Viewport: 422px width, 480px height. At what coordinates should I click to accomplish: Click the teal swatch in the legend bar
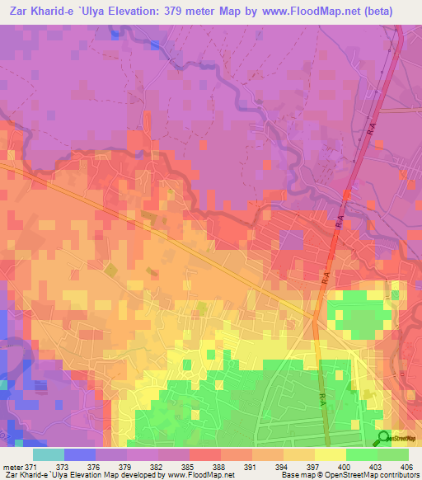pos(49,455)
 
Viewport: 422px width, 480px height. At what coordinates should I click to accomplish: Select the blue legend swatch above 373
pos(80,455)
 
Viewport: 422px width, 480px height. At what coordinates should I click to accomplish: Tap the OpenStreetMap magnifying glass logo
pos(385,437)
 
